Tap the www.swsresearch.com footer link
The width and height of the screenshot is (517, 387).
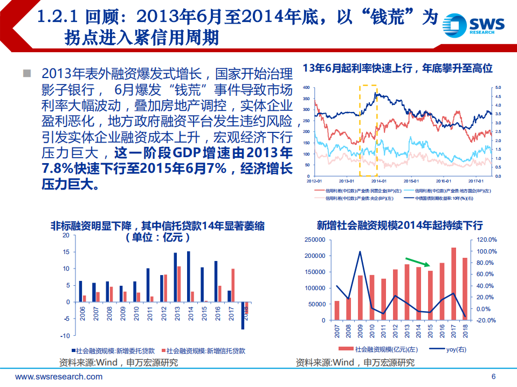pos(59,377)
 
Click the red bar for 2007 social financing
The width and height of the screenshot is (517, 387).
pos(337,311)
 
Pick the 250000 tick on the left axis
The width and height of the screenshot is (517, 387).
pos(314,240)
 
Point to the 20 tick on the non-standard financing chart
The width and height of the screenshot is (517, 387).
pos(66,235)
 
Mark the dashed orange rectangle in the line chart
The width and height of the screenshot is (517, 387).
pos(368,130)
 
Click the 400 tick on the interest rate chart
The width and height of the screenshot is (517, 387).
pos(306,87)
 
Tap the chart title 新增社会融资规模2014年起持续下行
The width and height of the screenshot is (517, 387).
pos(399,225)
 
